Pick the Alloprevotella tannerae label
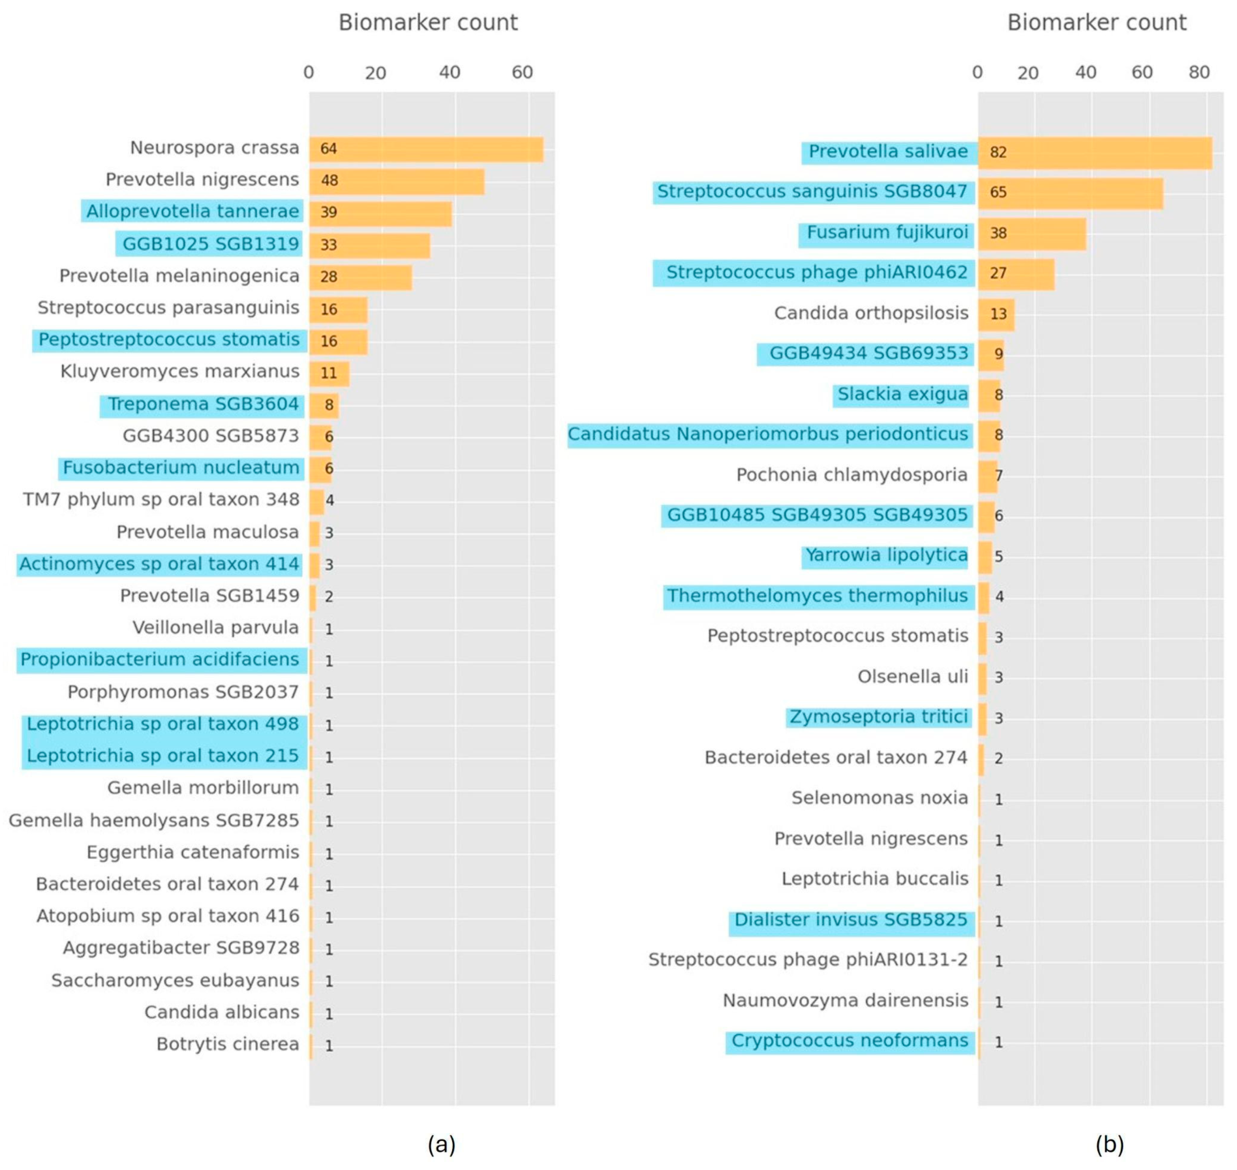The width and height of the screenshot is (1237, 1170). pos(192,212)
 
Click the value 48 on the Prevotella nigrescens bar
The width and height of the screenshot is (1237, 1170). pos(329,181)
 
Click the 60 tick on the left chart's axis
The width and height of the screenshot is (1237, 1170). pos(522,73)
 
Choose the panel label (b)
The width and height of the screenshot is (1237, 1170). pos(1110,1144)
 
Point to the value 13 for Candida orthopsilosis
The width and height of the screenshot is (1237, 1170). pos(998,314)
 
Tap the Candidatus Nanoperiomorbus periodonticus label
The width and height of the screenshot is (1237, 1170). pos(768,435)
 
